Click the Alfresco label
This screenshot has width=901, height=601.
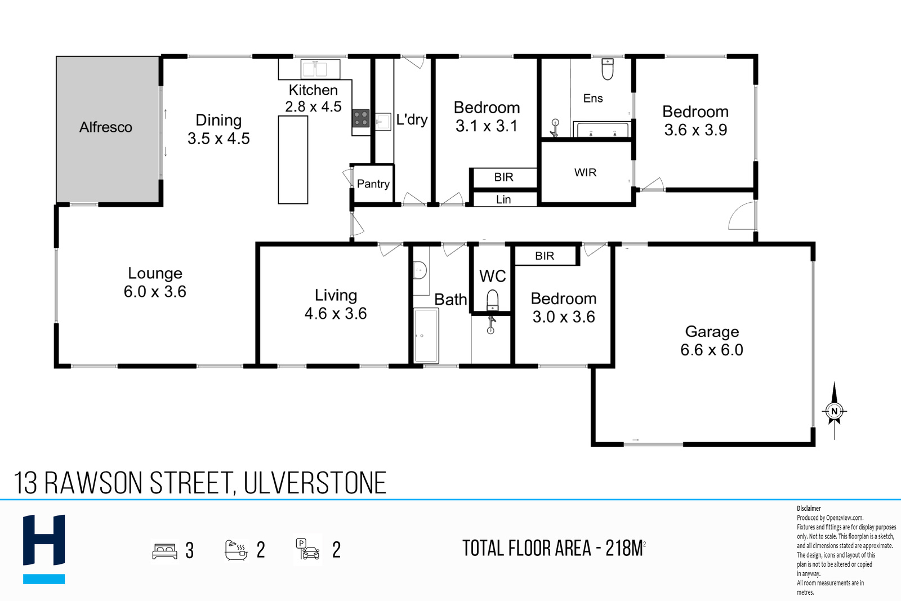pyautogui.click(x=106, y=127)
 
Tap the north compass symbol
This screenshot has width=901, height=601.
pyautogui.click(x=834, y=410)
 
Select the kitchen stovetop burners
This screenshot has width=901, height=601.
pyautogui.click(x=361, y=119)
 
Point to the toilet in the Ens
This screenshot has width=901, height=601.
pyautogui.click(x=608, y=69)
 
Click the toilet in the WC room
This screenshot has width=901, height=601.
pyautogui.click(x=492, y=300)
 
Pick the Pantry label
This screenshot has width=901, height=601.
pyautogui.click(x=373, y=184)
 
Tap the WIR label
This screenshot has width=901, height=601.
pyautogui.click(x=585, y=172)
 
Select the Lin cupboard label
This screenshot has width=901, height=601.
pyautogui.click(x=503, y=199)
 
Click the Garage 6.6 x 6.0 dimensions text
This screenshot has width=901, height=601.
pyautogui.click(x=712, y=350)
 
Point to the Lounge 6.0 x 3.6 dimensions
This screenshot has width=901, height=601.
pyautogui.click(x=155, y=292)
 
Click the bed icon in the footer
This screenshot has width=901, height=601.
pyautogui.click(x=165, y=551)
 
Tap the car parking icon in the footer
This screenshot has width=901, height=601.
pyautogui.click(x=307, y=549)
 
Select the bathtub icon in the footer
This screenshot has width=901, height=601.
pyautogui.click(x=236, y=550)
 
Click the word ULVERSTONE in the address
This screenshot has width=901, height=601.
pyautogui.click(x=315, y=483)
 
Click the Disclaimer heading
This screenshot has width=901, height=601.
pyautogui.click(x=809, y=509)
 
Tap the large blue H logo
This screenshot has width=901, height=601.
pyautogui.click(x=44, y=540)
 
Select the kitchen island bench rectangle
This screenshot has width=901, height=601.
pyautogui.click(x=293, y=160)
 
